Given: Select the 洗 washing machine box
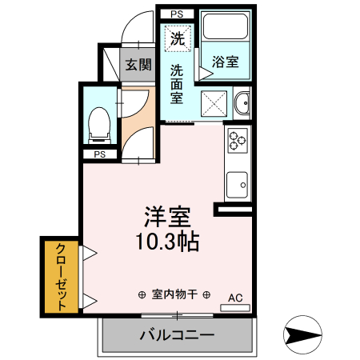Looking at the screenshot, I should coord(178,37).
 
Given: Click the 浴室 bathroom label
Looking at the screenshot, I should coord(225,61).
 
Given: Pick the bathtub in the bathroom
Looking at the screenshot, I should coord(227,30).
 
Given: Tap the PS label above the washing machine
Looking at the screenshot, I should coord(177,13).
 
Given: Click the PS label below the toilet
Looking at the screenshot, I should coord(100,154).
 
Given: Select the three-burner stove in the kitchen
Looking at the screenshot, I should coord(238,142).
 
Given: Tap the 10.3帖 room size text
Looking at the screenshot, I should coord(167,240).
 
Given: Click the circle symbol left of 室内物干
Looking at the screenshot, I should coord(142,294).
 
